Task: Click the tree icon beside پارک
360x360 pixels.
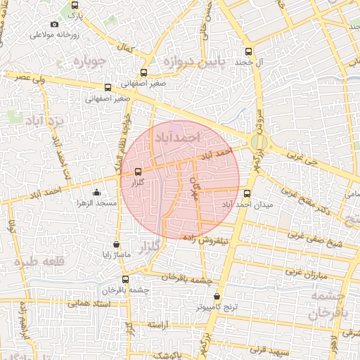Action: [75, 4]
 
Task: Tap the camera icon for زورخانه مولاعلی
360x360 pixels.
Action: [55, 25]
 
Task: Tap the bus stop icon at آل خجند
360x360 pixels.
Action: [247, 51]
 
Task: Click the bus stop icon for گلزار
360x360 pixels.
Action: [137, 171]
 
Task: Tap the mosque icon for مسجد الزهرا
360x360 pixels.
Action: [96, 192]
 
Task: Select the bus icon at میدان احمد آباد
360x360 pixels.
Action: [246, 193]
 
